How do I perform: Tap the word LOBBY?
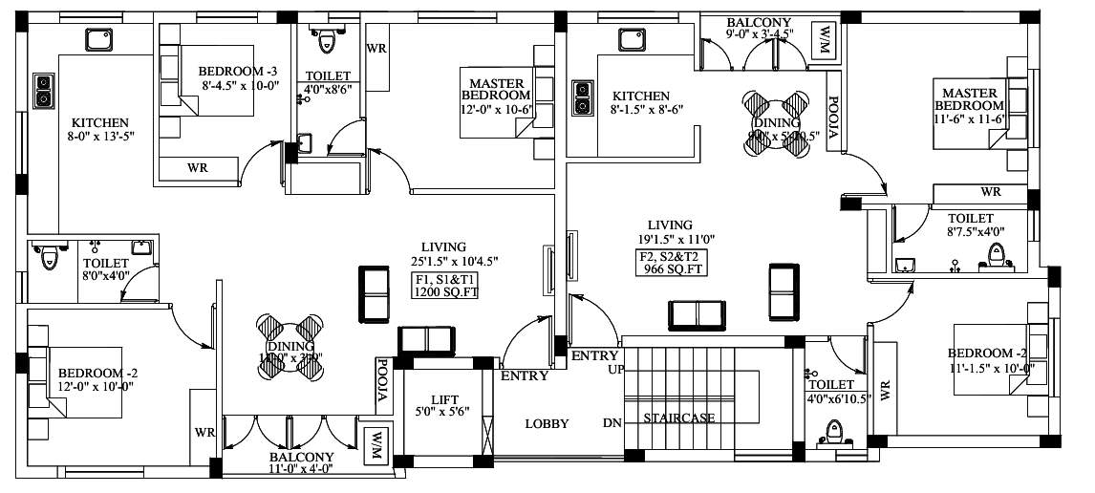tap(547, 424)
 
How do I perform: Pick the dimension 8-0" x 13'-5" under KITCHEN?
tap(100, 137)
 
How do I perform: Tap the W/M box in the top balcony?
tap(824, 39)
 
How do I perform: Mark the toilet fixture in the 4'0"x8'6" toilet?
tap(326, 40)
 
